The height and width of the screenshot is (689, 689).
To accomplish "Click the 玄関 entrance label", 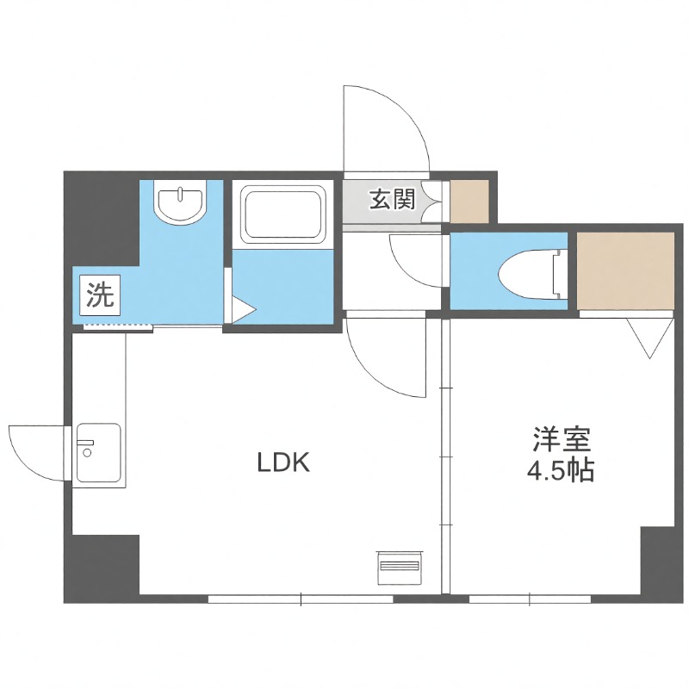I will click(392, 200).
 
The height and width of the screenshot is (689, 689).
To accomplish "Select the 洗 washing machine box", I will click(99, 297).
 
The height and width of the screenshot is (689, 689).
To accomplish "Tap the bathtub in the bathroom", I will click(283, 214).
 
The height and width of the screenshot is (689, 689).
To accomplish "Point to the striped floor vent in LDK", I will click(399, 567).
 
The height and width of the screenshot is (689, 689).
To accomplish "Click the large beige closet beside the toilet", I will click(625, 269).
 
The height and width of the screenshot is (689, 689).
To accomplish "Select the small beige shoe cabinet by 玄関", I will click(469, 201).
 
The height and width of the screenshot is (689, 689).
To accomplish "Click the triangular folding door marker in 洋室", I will click(651, 335).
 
